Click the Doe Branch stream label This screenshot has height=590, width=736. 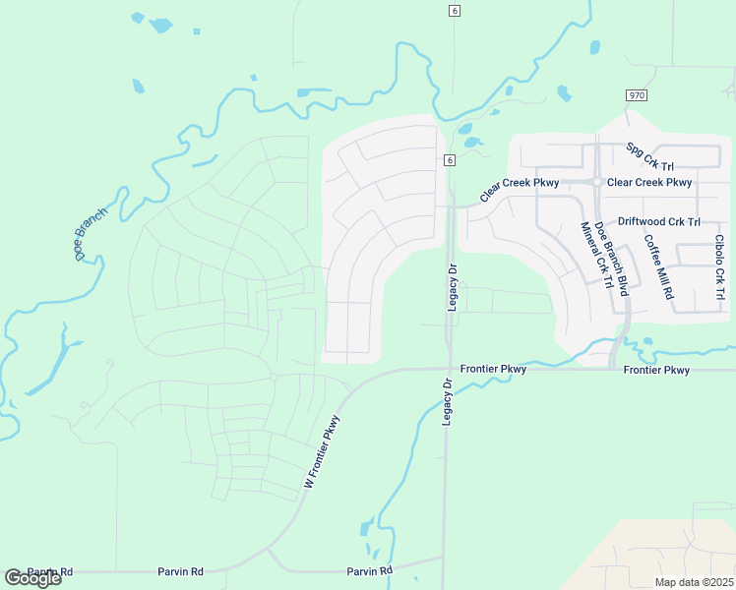point(90,235)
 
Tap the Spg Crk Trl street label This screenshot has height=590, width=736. point(651,155)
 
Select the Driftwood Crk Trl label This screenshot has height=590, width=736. point(658,222)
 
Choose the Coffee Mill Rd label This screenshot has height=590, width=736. point(658,265)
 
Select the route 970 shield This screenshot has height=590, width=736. point(635,94)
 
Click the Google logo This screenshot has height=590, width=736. point(32,578)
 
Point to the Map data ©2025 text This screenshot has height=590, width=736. point(693,582)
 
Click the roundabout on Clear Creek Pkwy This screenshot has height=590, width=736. point(596,182)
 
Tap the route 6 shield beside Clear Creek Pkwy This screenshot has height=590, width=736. point(449,160)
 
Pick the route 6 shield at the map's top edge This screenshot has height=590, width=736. point(454,10)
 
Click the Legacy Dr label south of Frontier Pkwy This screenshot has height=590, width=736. point(446,402)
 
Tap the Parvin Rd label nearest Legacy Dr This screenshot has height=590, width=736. point(369,570)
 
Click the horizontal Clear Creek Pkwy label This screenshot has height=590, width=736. point(649,182)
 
